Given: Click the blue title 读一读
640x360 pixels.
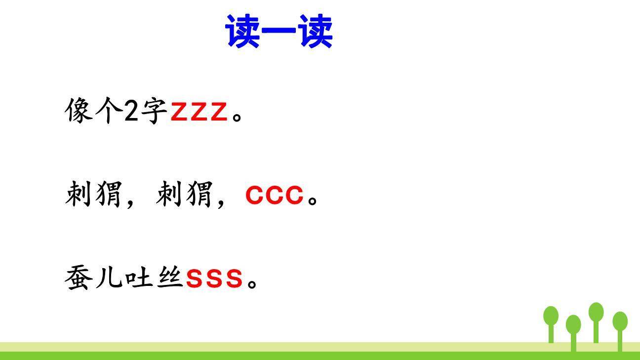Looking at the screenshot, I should point(279,32).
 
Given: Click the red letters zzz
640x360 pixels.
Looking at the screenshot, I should point(199,112).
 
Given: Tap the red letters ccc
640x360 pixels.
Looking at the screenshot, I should point(274,196).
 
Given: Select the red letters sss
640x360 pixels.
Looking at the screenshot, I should point(214,279).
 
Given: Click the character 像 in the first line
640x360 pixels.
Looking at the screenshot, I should point(79,110).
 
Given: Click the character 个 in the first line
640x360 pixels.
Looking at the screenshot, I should point(108,111).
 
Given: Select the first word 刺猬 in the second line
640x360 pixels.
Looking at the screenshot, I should point(93,195).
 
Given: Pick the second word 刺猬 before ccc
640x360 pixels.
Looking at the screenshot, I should point(184,195).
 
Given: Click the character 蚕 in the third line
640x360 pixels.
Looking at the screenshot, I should point(78,278).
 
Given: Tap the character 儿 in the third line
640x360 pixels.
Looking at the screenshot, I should point(108,279).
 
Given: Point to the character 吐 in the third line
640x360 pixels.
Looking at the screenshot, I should point(139,278).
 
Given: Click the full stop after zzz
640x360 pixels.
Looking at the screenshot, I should point(238,118).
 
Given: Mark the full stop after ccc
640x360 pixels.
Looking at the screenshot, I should point(313,201).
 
